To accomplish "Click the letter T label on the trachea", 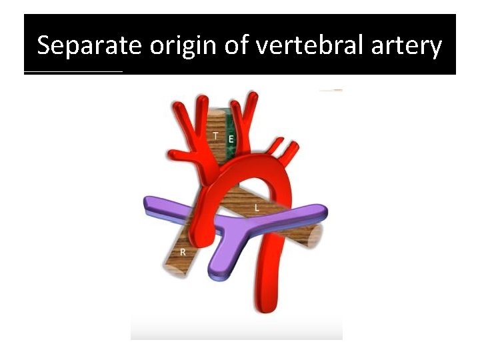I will (215, 135).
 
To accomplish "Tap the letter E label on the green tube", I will (230, 139).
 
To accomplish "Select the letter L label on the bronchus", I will (257, 209).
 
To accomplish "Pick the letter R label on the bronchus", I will (183, 252).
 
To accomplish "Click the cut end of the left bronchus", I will (315, 235).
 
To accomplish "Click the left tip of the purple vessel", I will (149, 204).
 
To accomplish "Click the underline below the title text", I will (73, 72).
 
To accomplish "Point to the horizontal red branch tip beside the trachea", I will (175, 155).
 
